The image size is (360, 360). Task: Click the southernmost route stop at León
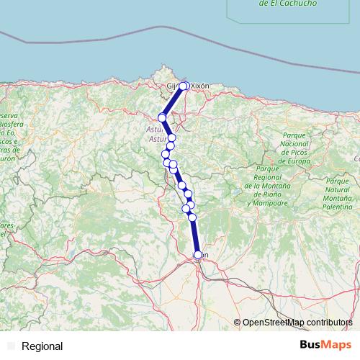[x=199, y=254]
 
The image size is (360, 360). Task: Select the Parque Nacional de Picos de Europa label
[x=286, y=148]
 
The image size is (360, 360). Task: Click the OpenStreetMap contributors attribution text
[x=298, y=323]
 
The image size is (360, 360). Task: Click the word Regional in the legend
[x=42, y=346]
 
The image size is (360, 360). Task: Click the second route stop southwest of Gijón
[x=163, y=117]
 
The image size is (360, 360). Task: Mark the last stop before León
[x=192, y=217]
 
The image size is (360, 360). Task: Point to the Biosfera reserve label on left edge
[x=9, y=124]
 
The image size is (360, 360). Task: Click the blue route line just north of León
[x=196, y=238]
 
